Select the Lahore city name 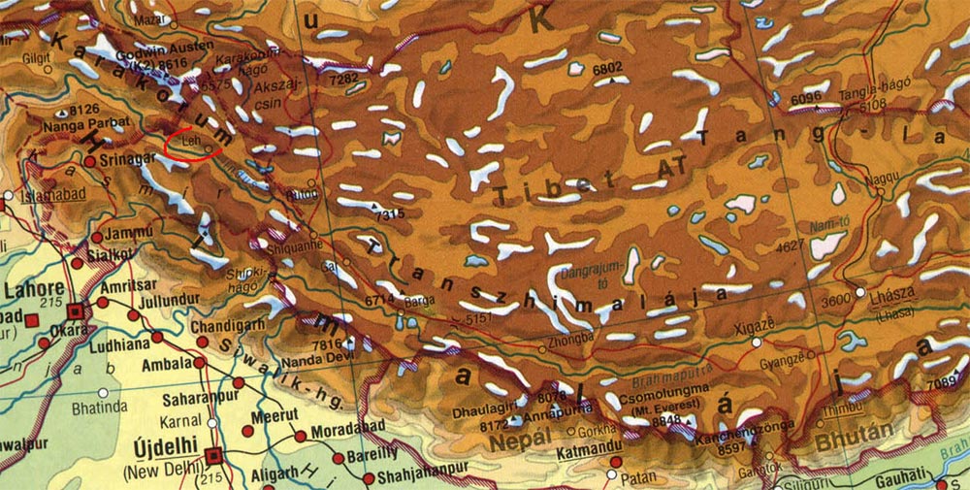(33, 289)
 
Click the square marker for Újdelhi (214, 453)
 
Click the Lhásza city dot (860, 292)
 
